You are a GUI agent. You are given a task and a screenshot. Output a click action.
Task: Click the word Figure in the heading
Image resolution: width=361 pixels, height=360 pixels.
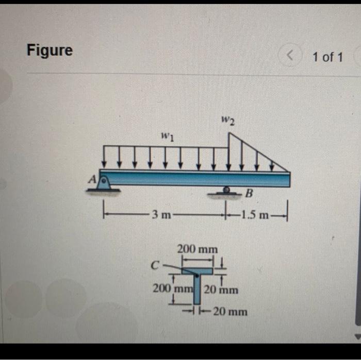50,50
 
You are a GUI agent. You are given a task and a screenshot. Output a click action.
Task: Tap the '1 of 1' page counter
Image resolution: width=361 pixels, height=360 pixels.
327,57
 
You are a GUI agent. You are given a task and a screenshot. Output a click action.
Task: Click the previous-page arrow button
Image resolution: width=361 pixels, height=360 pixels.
291,56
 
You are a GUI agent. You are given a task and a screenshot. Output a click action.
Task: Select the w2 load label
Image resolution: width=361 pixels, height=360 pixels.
228,121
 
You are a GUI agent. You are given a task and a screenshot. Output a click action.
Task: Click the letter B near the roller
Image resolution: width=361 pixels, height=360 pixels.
250,194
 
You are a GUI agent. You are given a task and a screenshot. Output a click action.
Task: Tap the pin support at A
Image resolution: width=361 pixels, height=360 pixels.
104,183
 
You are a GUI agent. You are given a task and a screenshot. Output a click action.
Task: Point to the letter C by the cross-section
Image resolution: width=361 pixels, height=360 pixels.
154,266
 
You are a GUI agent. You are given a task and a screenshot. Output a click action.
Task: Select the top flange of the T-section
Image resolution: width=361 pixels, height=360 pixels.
198,271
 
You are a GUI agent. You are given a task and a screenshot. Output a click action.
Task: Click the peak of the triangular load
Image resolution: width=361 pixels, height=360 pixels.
228,133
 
